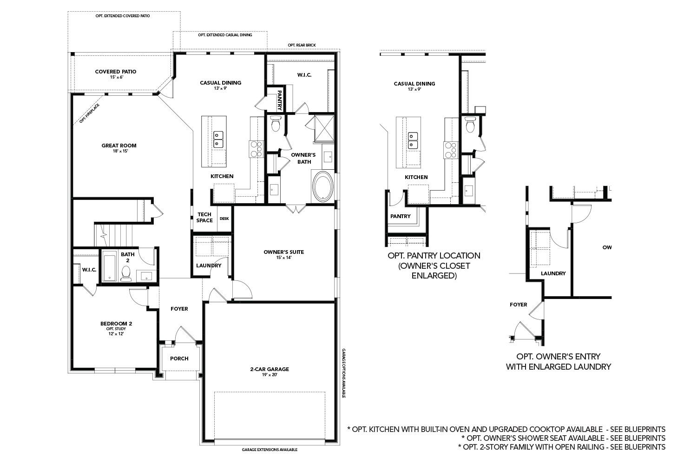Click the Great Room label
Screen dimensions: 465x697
tap(119, 148)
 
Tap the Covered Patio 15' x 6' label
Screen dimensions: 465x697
tap(115, 74)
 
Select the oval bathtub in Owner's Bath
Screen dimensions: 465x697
tap(322, 187)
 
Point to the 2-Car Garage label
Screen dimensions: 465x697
tap(270, 371)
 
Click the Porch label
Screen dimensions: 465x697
tap(179, 359)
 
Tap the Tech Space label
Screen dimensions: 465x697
tap(204, 217)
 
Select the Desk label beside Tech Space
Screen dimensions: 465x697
tap(224, 219)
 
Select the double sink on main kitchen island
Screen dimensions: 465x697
tap(218, 139)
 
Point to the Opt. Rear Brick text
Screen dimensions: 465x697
tap(302, 45)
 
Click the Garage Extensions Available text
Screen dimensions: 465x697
tap(270, 450)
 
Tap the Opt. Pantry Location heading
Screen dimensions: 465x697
tap(434, 256)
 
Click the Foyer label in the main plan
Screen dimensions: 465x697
tap(179, 309)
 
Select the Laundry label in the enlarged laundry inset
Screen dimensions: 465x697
tap(553, 273)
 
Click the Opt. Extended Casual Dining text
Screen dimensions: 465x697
tap(225, 35)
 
